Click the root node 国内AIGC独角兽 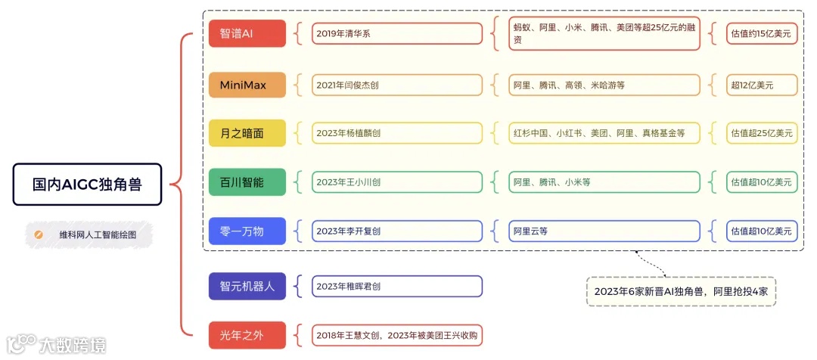[87, 184]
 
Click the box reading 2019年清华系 [397, 33]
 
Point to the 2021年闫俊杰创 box [397, 85]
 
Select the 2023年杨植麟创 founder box [397, 133]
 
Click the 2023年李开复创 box [397, 231]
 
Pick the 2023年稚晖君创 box [397, 286]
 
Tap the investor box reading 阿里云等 [604, 231]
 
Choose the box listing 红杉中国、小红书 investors [604, 133]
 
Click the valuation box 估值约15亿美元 [761, 33]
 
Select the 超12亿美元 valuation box [761, 85]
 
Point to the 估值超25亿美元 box [761, 133]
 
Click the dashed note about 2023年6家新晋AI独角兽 [681, 290]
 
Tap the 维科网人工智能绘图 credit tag [88, 234]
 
